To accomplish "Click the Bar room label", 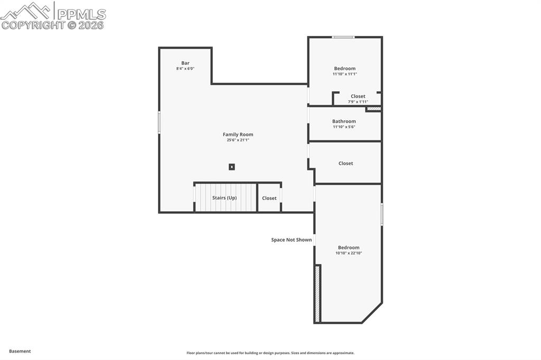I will (x=185, y=63).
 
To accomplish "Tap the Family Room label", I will (x=238, y=135).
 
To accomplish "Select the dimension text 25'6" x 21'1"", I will (x=238, y=140).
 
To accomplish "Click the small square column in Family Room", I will (x=231, y=167).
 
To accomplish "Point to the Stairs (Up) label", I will (x=225, y=198).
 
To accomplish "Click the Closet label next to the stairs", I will (x=269, y=198).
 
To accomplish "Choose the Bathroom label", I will (x=344, y=121).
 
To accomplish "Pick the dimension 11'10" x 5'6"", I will (x=344, y=127).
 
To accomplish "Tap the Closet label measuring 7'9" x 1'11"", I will (x=358, y=97).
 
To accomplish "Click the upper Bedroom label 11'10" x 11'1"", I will (x=344, y=69).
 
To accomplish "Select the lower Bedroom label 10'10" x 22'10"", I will (x=349, y=248).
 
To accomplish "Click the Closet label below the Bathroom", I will (x=346, y=164).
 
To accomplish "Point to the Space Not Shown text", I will (x=291, y=240).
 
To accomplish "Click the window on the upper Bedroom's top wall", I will (x=343, y=37).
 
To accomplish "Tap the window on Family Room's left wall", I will (x=159, y=122).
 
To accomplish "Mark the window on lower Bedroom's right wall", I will (x=381, y=215).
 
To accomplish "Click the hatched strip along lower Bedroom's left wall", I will (x=318, y=294).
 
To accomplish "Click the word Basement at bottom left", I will (x=20, y=351).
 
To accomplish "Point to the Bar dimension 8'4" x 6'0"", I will (x=185, y=69).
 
